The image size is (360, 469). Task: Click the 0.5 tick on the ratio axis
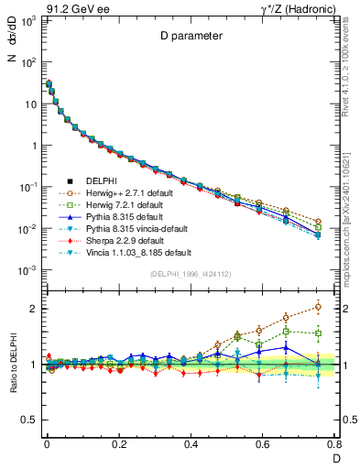[x=32, y=420]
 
